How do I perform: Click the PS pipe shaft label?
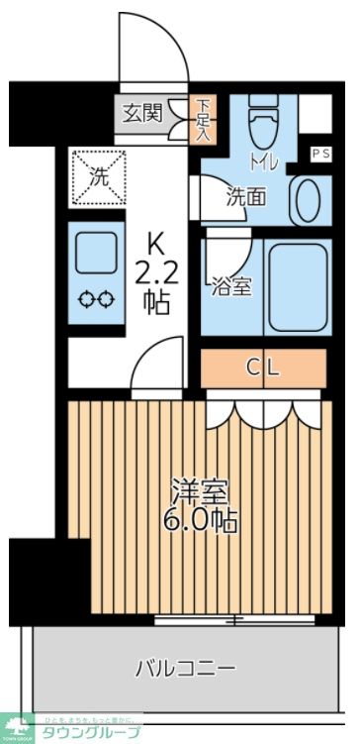321,154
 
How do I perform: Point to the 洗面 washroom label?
246,196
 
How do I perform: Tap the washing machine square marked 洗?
98,178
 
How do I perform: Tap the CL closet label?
263,368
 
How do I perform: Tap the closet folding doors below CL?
263,408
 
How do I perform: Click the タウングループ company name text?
89,733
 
